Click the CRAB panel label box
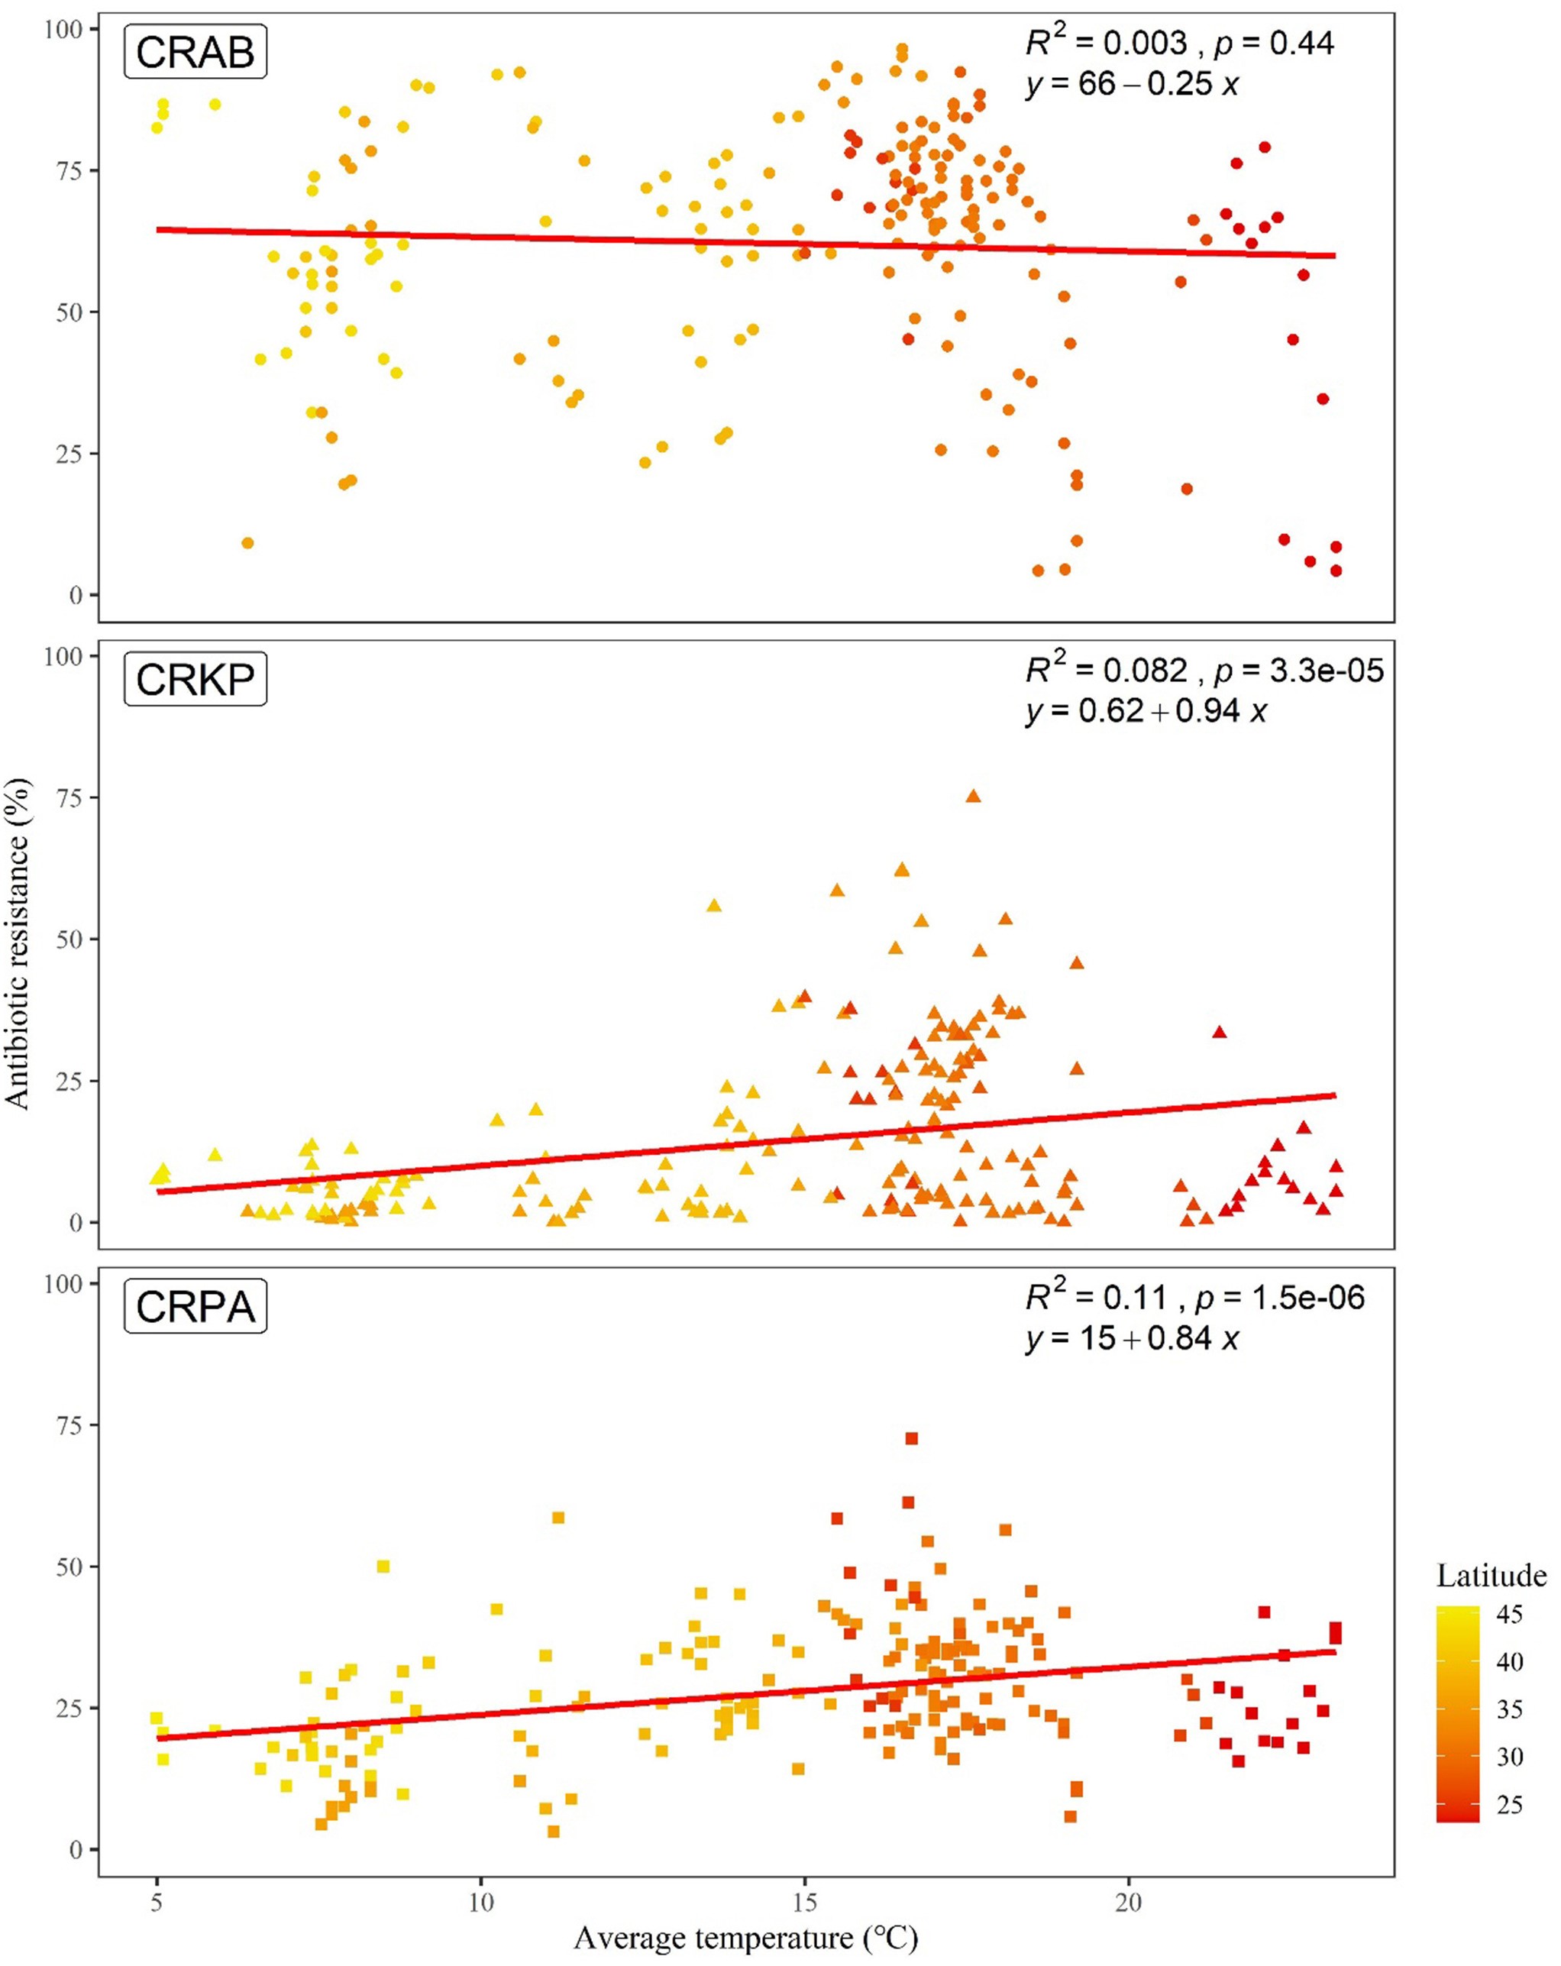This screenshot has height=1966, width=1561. pos(196,52)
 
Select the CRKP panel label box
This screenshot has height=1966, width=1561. pos(196,679)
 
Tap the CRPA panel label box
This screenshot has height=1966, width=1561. pos(196,1307)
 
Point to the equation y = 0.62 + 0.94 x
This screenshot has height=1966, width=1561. pos(1146,711)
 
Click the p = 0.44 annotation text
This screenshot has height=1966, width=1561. pos(1274,43)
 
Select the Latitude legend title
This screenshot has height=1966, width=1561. pos(1491,1575)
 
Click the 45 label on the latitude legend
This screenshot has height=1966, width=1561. pos(1509,1613)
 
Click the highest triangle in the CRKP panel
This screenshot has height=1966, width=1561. pos(973,796)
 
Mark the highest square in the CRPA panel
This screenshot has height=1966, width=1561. pos(911,1439)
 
